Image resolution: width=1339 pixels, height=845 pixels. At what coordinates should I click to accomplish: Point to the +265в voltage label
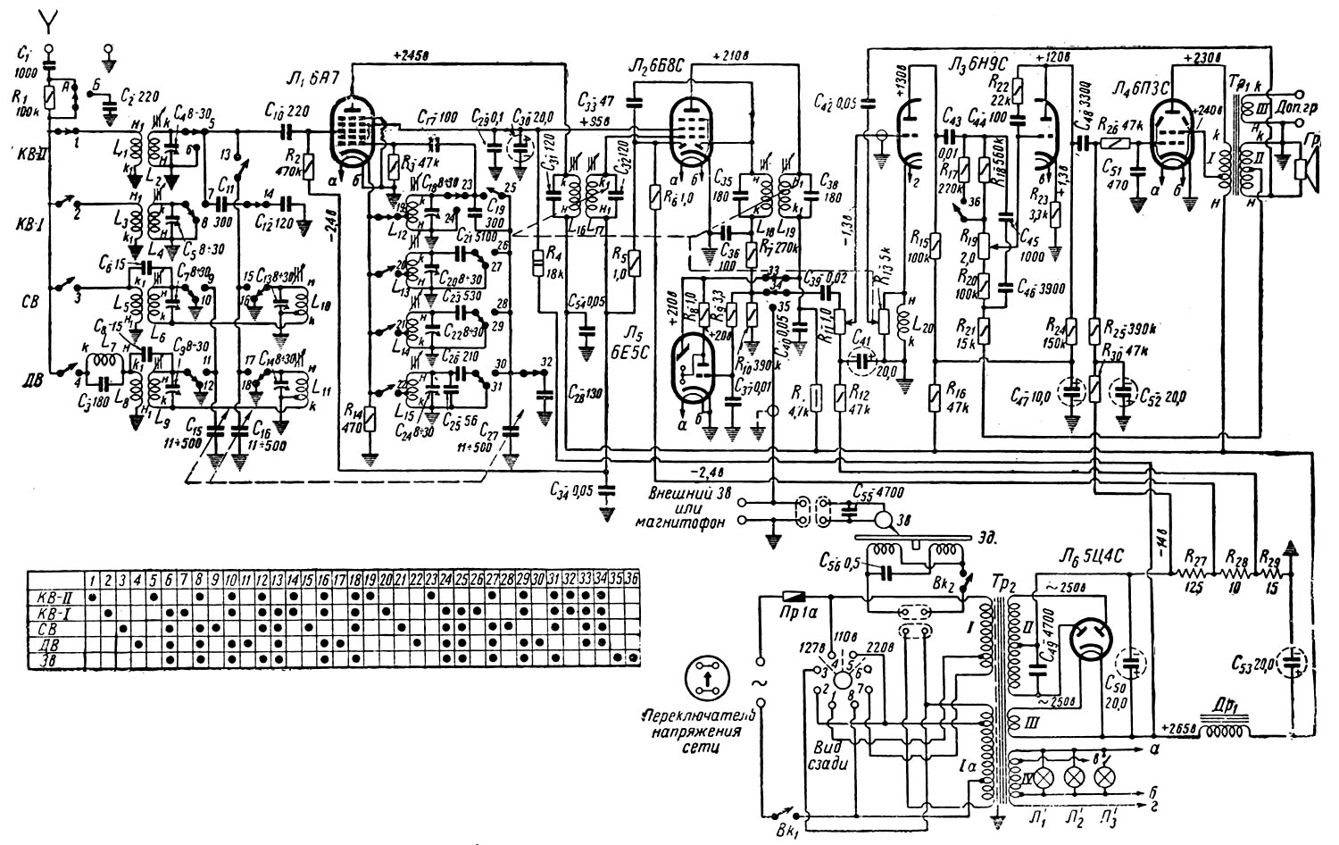coord(1178,724)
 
